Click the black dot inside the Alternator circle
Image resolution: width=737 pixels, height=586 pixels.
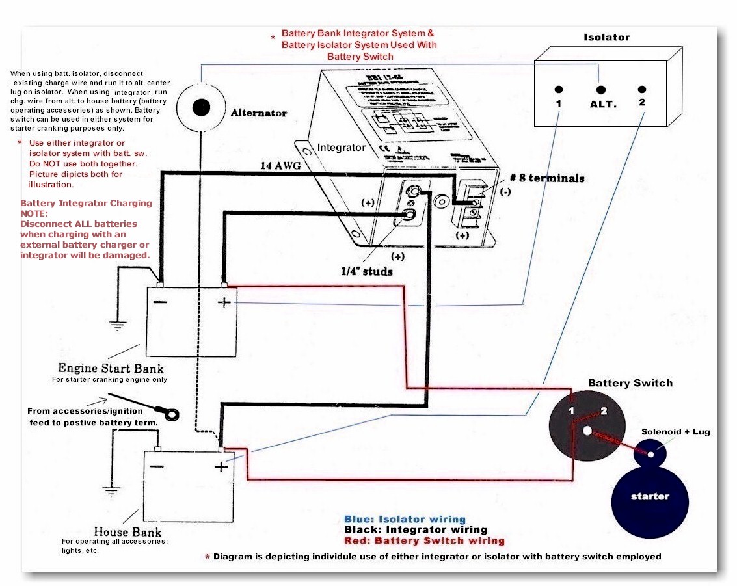point(202,107)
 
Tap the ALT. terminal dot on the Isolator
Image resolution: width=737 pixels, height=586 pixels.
point(600,90)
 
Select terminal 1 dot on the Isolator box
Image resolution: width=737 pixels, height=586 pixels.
point(559,90)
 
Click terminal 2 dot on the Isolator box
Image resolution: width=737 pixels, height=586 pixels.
point(642,90)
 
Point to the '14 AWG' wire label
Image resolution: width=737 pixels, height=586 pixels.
point(280,166)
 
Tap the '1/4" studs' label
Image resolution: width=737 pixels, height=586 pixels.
point(367,271)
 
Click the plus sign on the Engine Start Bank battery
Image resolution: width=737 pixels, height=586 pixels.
point(224,303)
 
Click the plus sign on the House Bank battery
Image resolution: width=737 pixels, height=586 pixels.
point(221,466)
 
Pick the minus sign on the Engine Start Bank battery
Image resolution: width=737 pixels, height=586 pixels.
point(159,302)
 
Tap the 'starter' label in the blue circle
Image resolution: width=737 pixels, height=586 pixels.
point(650,496)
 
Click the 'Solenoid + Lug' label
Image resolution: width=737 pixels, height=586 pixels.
point(676,432)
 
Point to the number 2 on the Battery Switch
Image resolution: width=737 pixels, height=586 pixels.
point(603,411)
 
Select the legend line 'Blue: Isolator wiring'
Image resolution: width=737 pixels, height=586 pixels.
point(405,519)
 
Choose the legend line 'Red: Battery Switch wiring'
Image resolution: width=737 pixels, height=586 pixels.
point(424,540)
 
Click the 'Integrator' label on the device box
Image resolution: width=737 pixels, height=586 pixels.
point(341,148)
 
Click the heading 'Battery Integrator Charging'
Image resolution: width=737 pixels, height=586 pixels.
point(86,203)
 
